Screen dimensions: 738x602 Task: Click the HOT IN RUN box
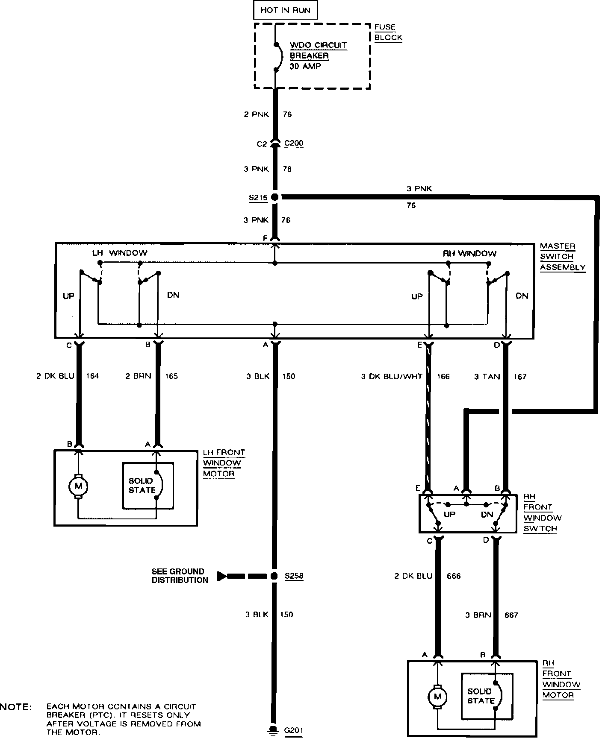(285, 10)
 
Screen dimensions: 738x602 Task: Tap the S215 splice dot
(275, 197)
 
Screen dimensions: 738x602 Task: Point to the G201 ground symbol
(272, 731)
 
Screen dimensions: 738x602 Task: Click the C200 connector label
(294, 143)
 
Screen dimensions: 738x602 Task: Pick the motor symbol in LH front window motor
(78, 486)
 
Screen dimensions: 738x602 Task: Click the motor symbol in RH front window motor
(437, 697)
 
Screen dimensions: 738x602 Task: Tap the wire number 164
(92, 376)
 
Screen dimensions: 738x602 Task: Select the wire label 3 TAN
(487, 377)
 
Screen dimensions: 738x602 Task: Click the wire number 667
(511, 615)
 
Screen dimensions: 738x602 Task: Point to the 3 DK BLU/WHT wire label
(392, 377)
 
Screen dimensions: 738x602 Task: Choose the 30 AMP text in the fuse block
(306, 66)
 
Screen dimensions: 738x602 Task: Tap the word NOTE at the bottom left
(16, 707)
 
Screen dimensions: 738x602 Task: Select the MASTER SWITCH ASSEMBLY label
(562, 257)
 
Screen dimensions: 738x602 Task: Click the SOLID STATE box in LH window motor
(148, 486)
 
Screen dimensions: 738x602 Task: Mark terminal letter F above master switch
(266, 237)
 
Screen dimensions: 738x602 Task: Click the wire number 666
(453, 576)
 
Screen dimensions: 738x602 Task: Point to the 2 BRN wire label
(138, 376)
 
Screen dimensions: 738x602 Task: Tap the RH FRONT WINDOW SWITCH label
(543, 512)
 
